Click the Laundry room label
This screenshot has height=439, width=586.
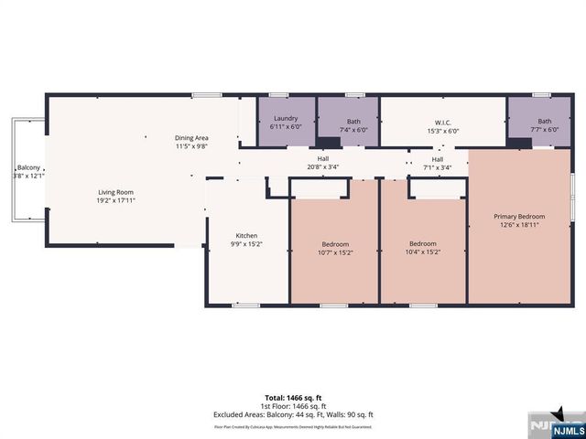[285, 118]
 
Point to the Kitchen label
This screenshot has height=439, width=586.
[246, 235]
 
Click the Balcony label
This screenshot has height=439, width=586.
[27, 167]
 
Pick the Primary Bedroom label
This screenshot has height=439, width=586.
[518, 217]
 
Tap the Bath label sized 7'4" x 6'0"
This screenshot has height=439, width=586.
[353, 122]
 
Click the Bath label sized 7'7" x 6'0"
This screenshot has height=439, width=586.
[545, 122]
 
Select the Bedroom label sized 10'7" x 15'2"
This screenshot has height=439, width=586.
[335, 243]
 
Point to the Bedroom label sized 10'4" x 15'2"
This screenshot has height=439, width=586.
[422, 243]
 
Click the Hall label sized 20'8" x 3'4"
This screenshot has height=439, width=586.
[323, 158]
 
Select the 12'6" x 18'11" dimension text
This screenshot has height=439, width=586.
[518, 225]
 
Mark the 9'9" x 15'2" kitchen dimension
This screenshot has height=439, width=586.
[246, 244]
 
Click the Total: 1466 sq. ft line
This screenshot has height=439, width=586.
[293, 397]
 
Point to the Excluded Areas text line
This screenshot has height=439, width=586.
[293, 414]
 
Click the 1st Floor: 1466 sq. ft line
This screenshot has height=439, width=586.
[293, 406]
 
